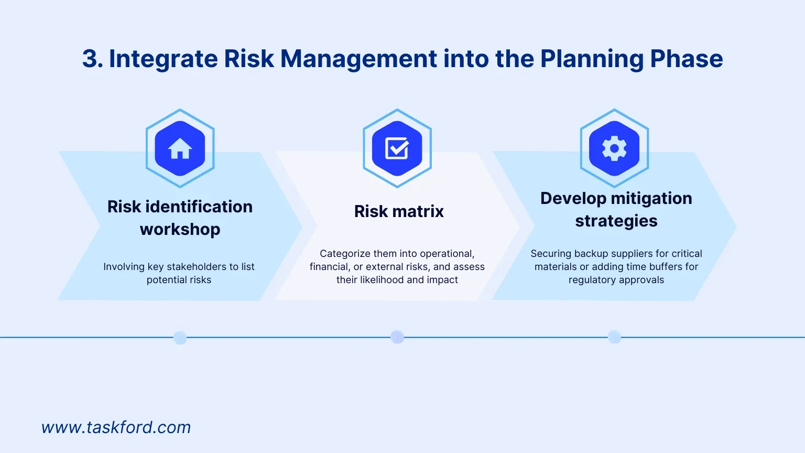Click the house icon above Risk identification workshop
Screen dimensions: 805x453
[180, 148]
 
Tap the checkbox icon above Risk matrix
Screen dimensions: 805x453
[397, 148]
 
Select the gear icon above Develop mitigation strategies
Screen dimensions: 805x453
[614, 148]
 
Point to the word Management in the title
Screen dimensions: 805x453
[358, 59]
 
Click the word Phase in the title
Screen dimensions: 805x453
[687, 59]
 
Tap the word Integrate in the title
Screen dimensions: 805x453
[164, 59]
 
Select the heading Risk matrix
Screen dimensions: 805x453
[399, 211]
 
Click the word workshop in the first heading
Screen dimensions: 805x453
[180, 229]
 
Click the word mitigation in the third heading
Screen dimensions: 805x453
[651, 199]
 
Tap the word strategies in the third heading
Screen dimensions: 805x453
[616, 221]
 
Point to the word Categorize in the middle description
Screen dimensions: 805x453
[345, 254]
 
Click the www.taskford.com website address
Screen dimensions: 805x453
[116, 427]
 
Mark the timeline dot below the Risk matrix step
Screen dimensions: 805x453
[397, 337]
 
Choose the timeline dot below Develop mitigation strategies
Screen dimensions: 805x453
[614, 337]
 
